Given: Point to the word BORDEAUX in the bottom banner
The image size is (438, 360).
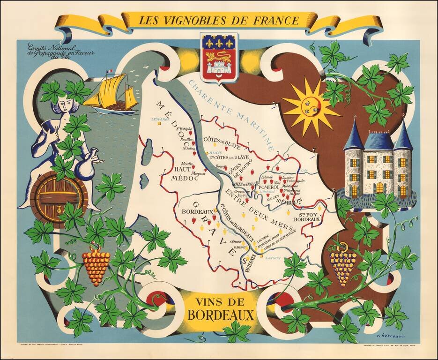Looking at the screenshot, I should tap(221, 314).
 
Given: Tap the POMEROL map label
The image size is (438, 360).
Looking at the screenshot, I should tap(269, 187).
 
